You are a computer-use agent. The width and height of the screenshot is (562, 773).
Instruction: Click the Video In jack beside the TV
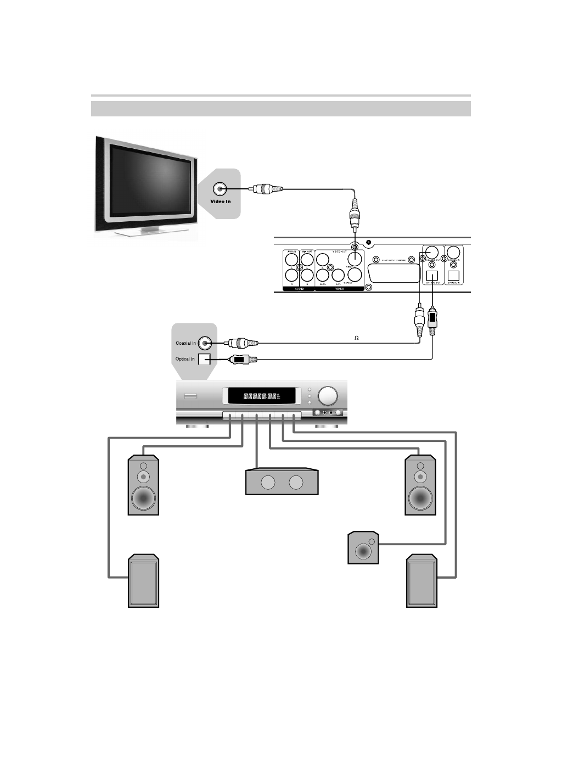[x=220, y=189]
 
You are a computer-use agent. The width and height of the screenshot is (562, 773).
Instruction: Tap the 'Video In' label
[x=221, y=201]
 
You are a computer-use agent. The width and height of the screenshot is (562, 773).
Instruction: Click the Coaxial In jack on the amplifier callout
[x=205, y=343]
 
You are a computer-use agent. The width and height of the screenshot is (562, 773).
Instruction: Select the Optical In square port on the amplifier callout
[x=204, y=360]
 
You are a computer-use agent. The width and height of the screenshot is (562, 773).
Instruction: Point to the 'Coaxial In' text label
[x=186, y=343]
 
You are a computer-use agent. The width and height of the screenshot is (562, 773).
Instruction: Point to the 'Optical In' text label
[x=185, y=359]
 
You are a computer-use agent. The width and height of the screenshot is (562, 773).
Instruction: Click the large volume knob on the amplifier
[x=328, y=396]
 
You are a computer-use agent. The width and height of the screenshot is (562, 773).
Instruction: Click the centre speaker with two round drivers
[x=282, y=482]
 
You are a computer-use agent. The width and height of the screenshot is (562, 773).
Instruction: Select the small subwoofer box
[x=363, y=547]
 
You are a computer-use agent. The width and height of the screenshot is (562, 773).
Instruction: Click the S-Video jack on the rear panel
[x=355, y=274]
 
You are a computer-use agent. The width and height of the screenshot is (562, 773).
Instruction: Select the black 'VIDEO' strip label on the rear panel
[x=339, y=288]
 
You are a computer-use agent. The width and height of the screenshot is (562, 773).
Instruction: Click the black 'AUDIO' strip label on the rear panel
[x=299, y=288]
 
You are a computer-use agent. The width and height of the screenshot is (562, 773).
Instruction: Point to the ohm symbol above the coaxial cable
[x=356, y=338]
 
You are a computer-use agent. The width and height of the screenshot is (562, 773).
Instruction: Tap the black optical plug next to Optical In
[x=241, y=360]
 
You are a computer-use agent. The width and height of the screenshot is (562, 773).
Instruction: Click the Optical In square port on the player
[x=454, y=275]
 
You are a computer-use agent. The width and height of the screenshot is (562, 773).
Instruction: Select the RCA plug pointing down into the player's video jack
[x=355, y=215]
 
